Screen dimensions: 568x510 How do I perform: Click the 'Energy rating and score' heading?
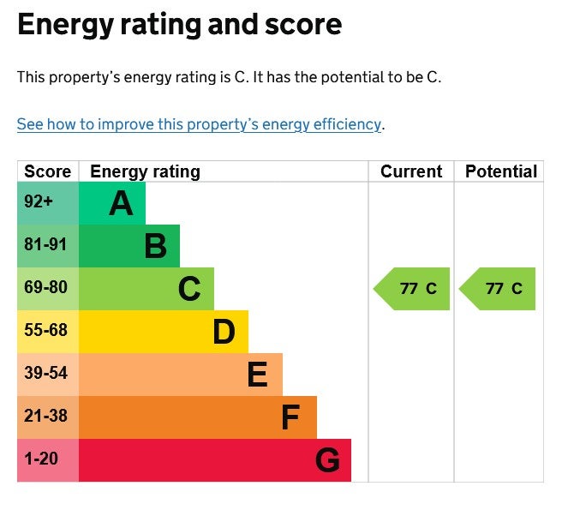(x=179, y=26)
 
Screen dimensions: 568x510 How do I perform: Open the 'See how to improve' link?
(x=199, y=124)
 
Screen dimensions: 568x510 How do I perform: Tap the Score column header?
(x=47, y=171)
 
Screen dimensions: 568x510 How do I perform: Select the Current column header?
(x=411, y=171)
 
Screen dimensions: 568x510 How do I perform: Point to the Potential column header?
(x=501, y=171)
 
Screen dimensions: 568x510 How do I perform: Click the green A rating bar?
(x=112, y=203)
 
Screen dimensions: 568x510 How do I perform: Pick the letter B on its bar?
(x=155, y=246)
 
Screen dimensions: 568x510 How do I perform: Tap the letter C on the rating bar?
(x=189, y=289)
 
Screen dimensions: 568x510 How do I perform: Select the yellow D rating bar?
(x=164, y=332)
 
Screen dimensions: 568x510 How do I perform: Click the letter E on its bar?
(x=258, y=375)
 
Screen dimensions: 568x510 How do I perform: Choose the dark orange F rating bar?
(x=198, y=417)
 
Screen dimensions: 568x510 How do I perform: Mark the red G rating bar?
(x=215, y=460)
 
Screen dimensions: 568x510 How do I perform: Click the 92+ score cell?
(x=48, y=203)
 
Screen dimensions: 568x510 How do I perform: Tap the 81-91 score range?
(x=45, y=244)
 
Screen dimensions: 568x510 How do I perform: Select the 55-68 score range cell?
(x=48, y=332)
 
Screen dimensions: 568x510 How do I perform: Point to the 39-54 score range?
(x=45, y=373)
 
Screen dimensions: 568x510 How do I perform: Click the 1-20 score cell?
(x=48, y=460)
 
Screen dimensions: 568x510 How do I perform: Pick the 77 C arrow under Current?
(x=411, y=289)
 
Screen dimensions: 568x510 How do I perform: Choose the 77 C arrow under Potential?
(x=497, y=289)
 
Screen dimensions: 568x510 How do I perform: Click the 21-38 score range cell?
(x=48, y=417)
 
